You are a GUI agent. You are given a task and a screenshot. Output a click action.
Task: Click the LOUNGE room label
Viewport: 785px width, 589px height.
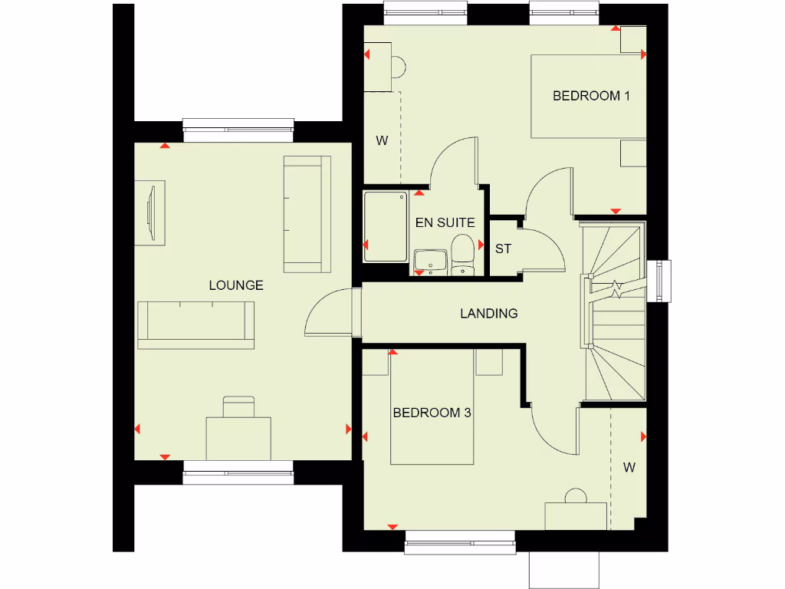236,285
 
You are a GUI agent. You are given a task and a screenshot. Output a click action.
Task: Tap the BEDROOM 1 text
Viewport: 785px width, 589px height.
591,96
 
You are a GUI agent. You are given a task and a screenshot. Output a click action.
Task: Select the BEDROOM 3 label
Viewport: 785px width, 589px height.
432,413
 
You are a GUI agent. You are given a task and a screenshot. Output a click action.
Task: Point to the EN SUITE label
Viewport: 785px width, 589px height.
445,223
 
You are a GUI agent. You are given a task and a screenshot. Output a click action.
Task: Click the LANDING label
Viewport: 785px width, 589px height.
488,313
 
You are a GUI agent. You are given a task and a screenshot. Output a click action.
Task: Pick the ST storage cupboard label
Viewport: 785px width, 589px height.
503,249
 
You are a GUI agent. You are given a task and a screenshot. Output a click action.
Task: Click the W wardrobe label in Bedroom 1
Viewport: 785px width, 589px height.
381,140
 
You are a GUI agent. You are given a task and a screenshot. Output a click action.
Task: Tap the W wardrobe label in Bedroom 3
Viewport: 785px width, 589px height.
629,466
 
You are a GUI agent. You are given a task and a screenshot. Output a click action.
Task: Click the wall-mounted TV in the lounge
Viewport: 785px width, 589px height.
149,212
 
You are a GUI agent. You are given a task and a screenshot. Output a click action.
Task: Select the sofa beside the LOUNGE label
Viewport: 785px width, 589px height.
195,324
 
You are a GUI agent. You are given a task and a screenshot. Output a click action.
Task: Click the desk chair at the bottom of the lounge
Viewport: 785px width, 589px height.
238,406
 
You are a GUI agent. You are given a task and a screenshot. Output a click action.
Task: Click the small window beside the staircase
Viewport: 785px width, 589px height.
659,281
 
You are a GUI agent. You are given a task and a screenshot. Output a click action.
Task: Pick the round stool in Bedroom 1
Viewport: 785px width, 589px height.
398,67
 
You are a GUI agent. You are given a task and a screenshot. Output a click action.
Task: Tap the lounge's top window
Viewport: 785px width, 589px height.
238,130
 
